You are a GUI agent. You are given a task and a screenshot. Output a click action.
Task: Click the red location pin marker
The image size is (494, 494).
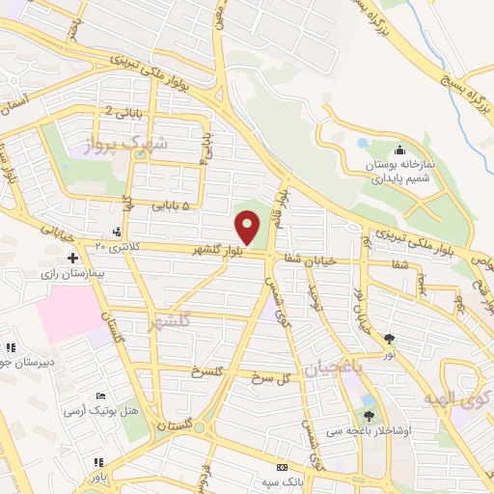click(248, 229)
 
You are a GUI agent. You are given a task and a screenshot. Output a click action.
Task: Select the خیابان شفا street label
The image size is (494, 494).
click(309, 260)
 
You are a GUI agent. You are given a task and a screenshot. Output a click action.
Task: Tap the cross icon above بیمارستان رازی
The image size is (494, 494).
click(73, 258)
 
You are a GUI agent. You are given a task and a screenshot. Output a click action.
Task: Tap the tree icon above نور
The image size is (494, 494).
click(390, 339)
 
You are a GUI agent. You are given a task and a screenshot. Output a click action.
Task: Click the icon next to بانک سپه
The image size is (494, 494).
click(281, 465)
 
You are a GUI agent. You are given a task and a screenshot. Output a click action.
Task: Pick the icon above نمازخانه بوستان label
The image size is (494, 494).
click(400, 150)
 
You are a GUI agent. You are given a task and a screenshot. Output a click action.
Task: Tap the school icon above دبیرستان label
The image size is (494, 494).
click(11, 348)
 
